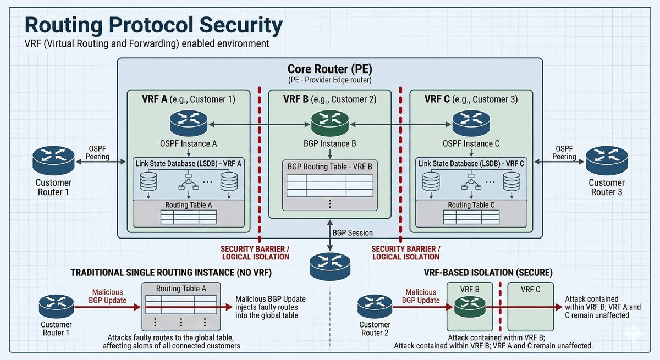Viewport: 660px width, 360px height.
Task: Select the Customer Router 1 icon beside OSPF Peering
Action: pos(53,160)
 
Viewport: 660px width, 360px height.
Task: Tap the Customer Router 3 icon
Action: pos(606,160)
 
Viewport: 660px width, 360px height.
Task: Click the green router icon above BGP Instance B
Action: pos(330,123)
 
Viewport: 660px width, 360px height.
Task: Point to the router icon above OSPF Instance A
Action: pos(189,123)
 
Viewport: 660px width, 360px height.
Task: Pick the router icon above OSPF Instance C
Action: pos(471,123)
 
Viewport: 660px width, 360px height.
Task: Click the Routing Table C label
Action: pos(471,205)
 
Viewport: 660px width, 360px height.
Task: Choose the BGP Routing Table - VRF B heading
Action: pos(329,165)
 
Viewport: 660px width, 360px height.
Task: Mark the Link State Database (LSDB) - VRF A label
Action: pos(189,163)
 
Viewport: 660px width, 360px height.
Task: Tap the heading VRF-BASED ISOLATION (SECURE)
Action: pos(489,273)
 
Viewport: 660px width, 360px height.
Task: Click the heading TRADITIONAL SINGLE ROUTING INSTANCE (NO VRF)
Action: pos(171,273)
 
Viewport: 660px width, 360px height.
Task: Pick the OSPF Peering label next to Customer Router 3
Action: pos(565,153)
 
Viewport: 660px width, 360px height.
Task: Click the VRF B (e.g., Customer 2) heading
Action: pos(330,100)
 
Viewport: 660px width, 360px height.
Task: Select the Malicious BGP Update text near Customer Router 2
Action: pos(421,296)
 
